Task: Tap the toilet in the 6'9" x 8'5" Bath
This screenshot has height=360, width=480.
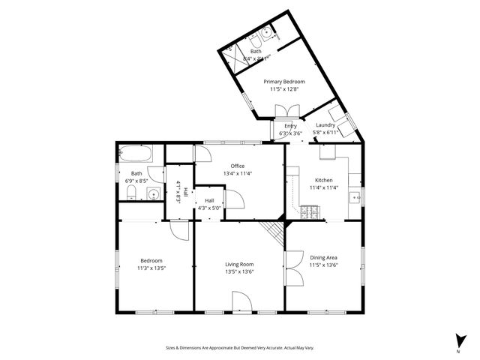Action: pos(130,194)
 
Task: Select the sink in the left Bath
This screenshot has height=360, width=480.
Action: pos(152,195)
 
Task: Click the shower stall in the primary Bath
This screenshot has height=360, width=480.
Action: pos(232,55)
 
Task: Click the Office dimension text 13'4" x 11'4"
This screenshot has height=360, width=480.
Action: pos(237,173)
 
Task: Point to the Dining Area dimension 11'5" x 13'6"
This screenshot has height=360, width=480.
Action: pos(323,265)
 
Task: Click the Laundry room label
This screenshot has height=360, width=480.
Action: pos(325,125)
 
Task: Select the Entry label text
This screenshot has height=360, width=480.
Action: pos(290,126)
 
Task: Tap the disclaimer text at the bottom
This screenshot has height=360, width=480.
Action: pos(240,348)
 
